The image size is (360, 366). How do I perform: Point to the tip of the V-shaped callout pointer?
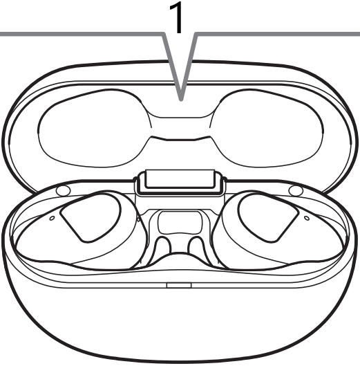pyautogui.click(x=181, y=100)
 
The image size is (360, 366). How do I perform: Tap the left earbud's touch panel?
pyautogui.click(x=91, y=217)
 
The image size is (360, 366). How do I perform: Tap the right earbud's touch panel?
pyautogui.click(x=269, y=217)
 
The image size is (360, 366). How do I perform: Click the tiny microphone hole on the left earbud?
pyautogui.click(x=53, y=218)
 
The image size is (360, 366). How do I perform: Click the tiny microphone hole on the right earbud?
pyautogui.click(x=307, y=218)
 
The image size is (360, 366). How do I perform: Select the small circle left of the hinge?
pyautogui.click(x=63, y=191)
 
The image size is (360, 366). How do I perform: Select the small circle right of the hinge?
pyautogui.click(x=296, y=191)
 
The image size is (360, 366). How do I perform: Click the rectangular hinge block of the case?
pyautogui.click(x=180, y=182)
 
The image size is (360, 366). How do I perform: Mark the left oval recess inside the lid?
pyautogui.click(x=93, y=129)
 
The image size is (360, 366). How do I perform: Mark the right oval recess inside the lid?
pyautogui.click(x=267, y=129)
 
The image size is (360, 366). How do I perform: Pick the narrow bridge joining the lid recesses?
pyautogui.click(x=181, y=129)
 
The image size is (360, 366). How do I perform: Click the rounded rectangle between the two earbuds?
pyautogui.click(x=180, y=222)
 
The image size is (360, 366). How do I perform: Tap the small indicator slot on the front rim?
pyautogui.click(x=179, y=285)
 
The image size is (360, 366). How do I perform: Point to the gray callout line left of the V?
pyautogui.click(x=82, y=34)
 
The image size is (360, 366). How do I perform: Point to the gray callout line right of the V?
pyautogui.click(x=278, y=34)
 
